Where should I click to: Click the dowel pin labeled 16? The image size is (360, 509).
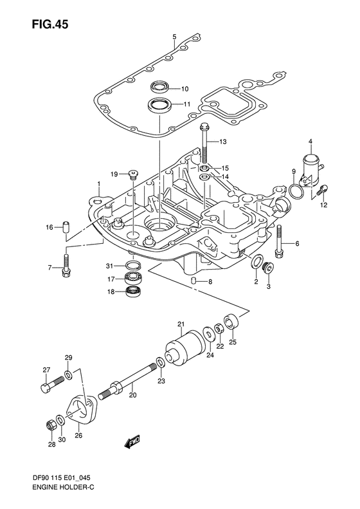point(66,227)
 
